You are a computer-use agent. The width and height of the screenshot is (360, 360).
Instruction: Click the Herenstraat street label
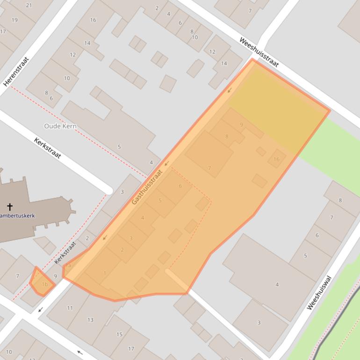click(x=16, y=72)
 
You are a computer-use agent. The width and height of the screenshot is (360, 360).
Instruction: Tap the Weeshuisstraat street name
click(x=259, y=52)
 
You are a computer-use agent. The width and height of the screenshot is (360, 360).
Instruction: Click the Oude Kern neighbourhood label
click(x=60, y=126)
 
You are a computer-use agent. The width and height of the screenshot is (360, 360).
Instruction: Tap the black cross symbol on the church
click(x=9, y=206)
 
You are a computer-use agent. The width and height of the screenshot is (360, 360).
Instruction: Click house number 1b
click(x=45, y=284)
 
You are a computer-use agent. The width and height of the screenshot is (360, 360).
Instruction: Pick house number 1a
click(x=69, y=266)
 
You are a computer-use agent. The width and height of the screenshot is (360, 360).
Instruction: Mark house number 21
click(x=29, y=5)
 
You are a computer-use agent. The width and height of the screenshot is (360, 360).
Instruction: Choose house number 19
click(x=14, y=20)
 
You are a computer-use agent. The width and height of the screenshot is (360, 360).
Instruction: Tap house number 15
click(x=119, y=334)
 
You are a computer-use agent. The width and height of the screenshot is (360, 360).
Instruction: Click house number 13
click(x=90, y=320)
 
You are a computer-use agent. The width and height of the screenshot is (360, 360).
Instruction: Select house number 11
click(x=70, y=308)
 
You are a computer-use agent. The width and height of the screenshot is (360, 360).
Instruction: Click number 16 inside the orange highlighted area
click(x=276, y=159)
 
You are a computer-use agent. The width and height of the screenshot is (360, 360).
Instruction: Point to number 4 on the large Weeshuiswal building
click(x=277, y=284)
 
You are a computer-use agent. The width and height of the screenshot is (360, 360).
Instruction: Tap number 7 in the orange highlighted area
click(x=209, y=168)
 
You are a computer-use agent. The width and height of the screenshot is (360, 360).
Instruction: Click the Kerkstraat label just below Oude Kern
click(x=48, y=148)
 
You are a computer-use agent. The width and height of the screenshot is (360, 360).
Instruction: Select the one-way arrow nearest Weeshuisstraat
click(x=230, y=90)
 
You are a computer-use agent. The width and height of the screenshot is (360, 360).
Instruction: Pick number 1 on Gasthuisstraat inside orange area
click(x=105, y=273)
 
